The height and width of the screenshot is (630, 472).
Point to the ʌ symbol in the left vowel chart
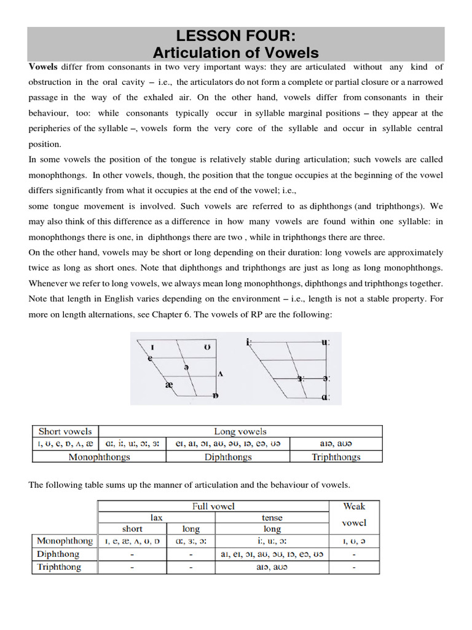pyautogui.click(x=220, y=373)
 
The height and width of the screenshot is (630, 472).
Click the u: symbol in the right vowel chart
pyautogui.click(x=325, y=342)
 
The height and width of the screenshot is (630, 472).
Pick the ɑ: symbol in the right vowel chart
pyautogui.click(x=326, y=397)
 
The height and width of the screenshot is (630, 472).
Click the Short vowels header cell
pyautogui.click(x=65, y=431)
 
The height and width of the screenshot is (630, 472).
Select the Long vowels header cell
pyautogui.click(x=240, y=431)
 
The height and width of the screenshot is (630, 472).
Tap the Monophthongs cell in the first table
pyautogui.click(x=99, y=457)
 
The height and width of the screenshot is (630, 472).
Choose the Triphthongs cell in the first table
pyautogui.click(x=336, y=457)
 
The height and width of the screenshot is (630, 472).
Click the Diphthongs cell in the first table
pyautogui.click(x=227, y=457)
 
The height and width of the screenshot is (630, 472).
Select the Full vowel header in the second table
pyautogui.click(x=213, y=506)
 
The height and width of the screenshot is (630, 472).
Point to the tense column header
pyautogui.click(x=272, y=517)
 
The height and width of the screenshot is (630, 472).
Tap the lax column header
pyautogui.click(x=157, y=517)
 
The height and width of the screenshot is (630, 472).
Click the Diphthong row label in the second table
pyautogui.click(x=60, y=554)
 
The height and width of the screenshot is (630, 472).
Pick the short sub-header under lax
pyautogui.click(x=132, y=528)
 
